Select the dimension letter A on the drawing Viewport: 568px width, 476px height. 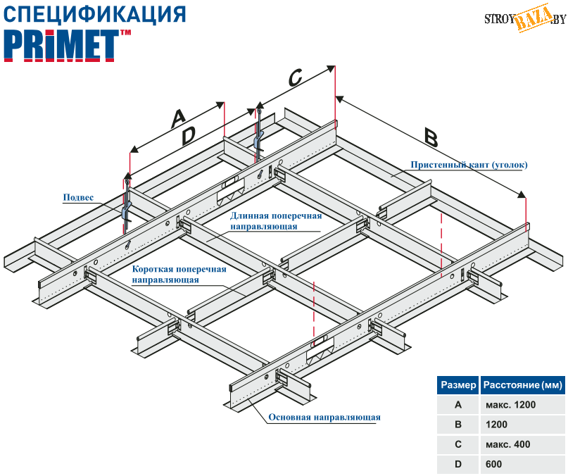(179, 118)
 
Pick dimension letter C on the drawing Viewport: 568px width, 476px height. (295, 77)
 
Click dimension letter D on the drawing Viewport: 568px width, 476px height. (187, 136)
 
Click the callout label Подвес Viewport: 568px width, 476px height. (79, 199)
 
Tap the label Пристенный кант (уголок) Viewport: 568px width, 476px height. (469, 165)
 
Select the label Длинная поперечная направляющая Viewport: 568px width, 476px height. (276, 221)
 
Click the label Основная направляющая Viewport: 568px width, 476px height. (324, 418)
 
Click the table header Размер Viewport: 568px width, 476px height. (457, 385)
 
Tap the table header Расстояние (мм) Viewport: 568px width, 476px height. (522, 385)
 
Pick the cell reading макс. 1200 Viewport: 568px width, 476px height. (511, 405)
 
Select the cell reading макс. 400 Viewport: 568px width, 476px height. (508, 445)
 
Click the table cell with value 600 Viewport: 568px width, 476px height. (493, 465)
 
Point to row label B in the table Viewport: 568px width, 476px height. (458, 425)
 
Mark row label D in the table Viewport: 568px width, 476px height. (458, 465)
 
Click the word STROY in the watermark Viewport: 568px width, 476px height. (499, 19)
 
